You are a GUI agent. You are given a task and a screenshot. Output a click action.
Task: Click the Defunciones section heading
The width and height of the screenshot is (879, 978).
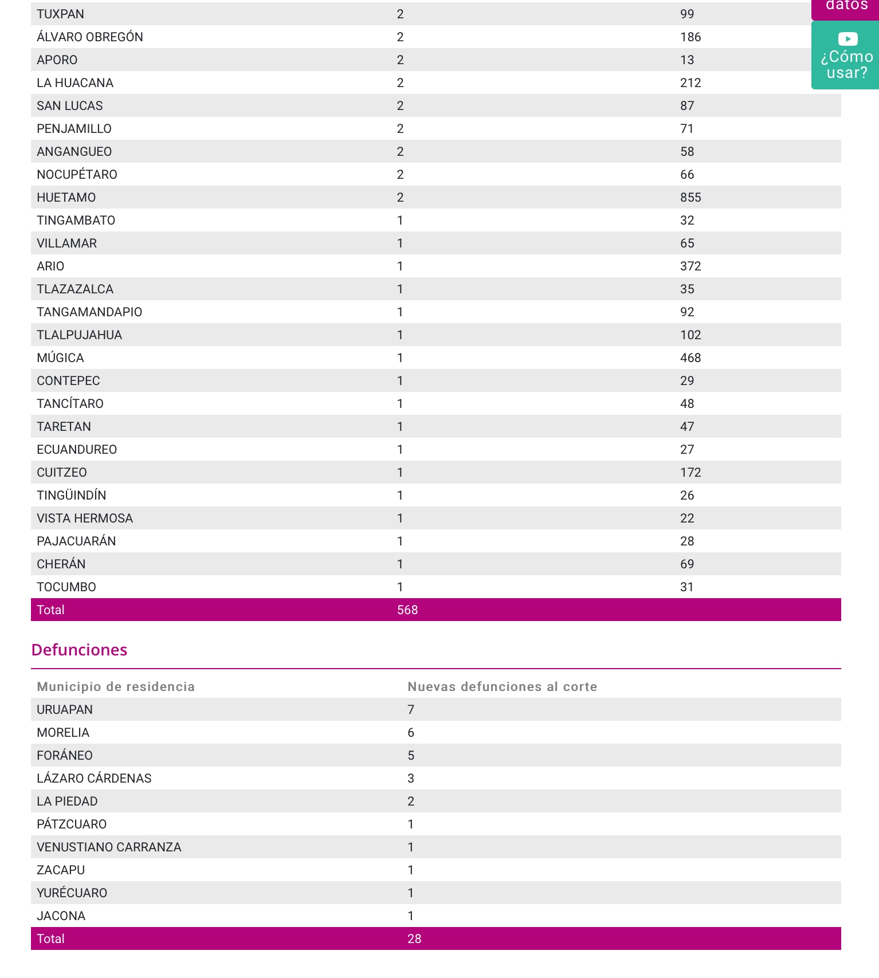pos(79,650)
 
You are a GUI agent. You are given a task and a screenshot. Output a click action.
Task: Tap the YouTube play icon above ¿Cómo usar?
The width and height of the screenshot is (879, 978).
pos(847,39)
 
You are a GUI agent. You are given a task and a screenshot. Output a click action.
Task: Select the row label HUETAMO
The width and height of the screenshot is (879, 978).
pos(66,198)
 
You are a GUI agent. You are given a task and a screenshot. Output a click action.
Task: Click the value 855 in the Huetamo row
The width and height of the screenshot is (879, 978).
pos(690,198)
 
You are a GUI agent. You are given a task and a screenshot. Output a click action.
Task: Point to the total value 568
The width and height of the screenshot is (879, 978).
pos(407,610)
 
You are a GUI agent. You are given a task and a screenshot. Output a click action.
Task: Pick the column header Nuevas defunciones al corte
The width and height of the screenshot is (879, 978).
pos(502,687)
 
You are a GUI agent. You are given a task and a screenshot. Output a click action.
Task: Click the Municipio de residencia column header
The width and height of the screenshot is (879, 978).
pos(116,687)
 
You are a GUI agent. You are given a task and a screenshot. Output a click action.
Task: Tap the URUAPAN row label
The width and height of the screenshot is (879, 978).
pos(65,710)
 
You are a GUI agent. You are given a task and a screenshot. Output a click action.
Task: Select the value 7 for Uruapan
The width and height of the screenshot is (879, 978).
pos(411,710)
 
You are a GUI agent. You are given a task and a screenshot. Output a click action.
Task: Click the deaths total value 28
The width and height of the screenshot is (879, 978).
pos(414,939)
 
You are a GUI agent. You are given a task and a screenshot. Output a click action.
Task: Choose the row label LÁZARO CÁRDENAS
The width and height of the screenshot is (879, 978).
pos(94,779)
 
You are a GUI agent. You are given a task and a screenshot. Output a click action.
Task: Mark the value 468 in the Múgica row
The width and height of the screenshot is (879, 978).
pos(690,358)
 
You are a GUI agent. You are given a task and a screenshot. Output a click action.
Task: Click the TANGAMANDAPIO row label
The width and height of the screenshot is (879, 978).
pos(89,312)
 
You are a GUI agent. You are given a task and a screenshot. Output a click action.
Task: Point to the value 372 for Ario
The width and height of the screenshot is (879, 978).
pos(690,266)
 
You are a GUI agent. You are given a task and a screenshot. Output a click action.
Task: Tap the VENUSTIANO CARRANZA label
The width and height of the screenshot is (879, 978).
pos(109,847)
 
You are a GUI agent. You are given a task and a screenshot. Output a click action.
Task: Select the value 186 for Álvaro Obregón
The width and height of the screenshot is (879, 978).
pos(690,37)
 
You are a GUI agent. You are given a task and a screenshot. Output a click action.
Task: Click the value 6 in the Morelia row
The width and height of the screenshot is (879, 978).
pos(411,733)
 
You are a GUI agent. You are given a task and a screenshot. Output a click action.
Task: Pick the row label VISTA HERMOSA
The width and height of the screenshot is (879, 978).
pos(85,519)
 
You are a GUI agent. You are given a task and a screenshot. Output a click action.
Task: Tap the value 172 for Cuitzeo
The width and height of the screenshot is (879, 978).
pos(690,473)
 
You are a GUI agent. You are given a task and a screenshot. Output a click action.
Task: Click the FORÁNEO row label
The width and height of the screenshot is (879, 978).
pos(65,756)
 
